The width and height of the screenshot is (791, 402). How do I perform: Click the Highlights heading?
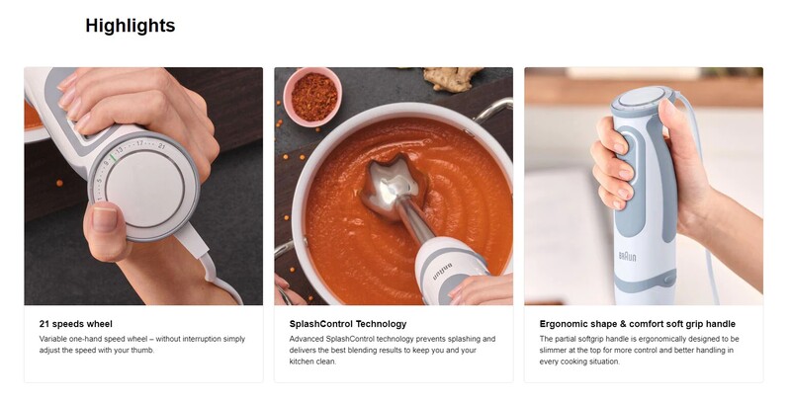tap(131, 26)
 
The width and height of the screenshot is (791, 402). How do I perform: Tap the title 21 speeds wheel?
tap(76, 324)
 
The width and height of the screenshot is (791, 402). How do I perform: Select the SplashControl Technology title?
tap(348, 324)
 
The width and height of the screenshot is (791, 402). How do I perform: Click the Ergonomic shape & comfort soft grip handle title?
tap(637, 324)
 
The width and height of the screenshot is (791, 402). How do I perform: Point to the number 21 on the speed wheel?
tap(161, 146)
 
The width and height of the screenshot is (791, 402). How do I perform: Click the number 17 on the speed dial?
tap(139, 144)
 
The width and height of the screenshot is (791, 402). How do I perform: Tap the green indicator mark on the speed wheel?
tap(113, 157)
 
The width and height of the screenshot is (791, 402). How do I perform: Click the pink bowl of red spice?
tap(312, 97)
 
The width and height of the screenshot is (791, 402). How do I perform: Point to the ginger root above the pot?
tap(452, 79)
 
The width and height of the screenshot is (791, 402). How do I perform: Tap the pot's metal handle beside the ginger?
tap(491, 110)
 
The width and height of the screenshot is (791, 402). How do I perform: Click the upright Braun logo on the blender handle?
tap(628, 257)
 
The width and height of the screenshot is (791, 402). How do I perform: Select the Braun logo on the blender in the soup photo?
tap(442, 272)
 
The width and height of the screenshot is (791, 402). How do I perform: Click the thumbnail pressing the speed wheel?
tap(105, 219)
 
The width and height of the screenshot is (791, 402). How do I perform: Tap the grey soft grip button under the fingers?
tap(630, 171)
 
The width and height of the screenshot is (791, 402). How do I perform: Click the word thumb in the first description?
tap(141, 350)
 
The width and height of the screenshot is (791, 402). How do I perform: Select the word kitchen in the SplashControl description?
tap(302, 362)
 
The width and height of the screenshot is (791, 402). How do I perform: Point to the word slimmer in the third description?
tap(553, 350)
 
